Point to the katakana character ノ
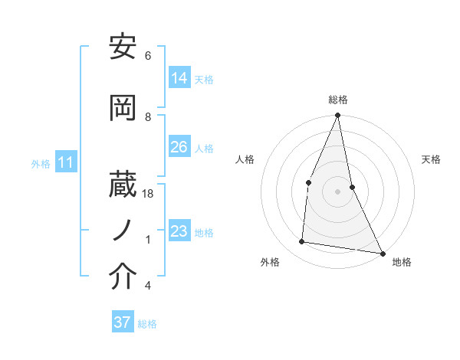(x=123, y=230)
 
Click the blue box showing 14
(x=179, y=79)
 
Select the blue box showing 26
(x=179, y=148)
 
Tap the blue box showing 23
(x=179, y=232)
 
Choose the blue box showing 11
(x=66, y=163)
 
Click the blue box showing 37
(x=123, y=322)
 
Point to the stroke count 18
(x=148, y=195)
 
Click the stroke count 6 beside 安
(x=148, y=56)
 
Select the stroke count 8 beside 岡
(x=148, y=116)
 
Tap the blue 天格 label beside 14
(x=204, y=80)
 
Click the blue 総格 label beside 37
(x=147, y=323)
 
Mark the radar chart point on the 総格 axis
(x=337, y=116)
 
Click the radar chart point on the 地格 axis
(x=382, y=253)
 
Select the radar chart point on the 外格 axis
(x=302, y=242)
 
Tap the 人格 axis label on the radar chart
(x=245, y=159)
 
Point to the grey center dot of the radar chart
(x=337, y=191)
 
